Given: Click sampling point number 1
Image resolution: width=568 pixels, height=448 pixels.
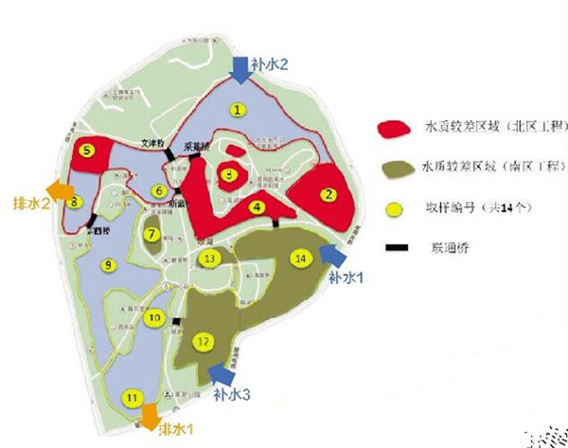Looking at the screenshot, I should (238, 110).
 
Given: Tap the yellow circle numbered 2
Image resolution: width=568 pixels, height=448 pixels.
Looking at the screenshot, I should (329, 195).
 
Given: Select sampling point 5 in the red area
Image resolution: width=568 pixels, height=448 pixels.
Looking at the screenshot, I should (87, 149).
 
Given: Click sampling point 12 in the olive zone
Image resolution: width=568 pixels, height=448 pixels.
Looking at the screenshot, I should (201, 341).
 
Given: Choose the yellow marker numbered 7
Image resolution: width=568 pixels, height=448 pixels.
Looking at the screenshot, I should (151, 233).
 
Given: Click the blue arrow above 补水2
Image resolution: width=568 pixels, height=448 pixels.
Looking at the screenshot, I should (240, 67).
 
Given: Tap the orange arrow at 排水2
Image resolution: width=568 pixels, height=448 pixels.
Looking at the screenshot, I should (58, 191).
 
